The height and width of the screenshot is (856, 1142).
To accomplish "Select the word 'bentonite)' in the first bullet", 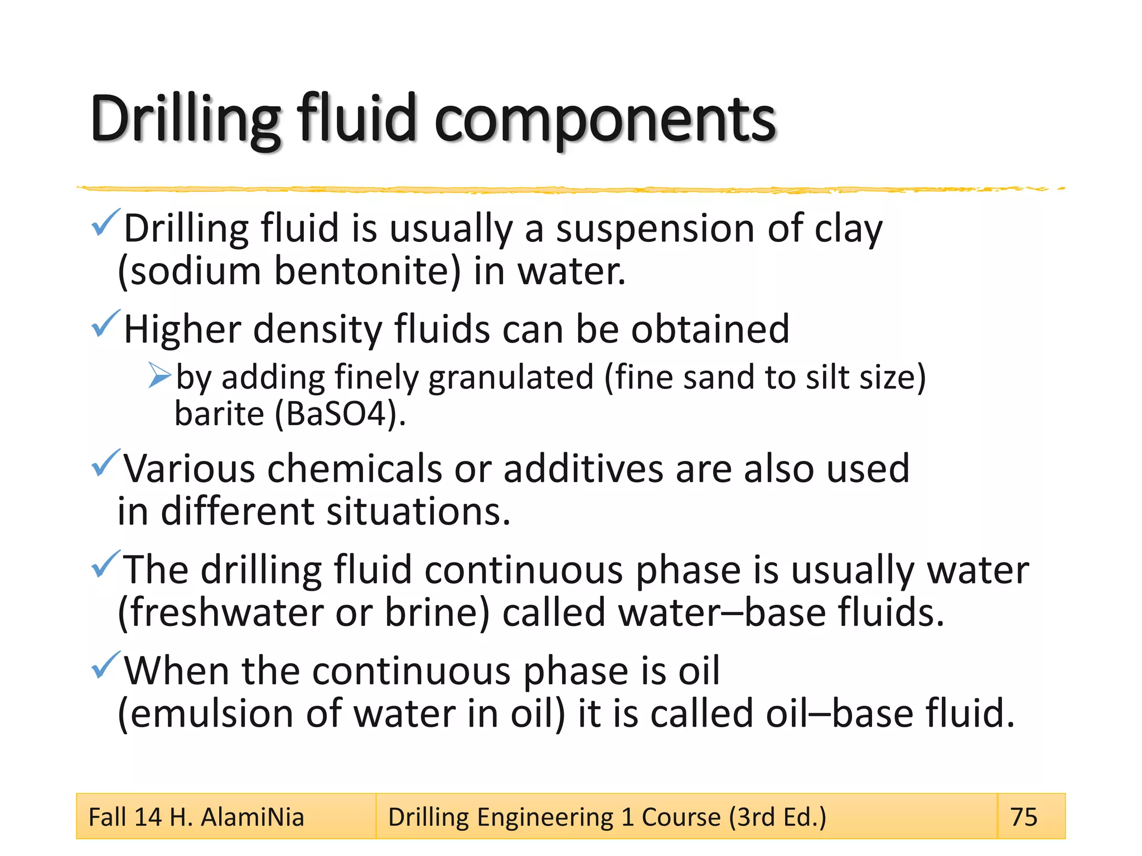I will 368,272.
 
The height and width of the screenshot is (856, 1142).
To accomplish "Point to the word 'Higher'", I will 182,330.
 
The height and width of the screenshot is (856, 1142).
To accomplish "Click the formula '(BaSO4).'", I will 340,415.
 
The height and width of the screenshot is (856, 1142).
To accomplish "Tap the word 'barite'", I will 219,415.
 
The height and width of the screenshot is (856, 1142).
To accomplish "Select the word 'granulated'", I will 511,378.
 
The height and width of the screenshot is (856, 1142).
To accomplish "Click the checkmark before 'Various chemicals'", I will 105,463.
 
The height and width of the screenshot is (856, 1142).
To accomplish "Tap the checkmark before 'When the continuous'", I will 105,664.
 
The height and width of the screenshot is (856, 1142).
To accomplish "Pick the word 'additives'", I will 583,469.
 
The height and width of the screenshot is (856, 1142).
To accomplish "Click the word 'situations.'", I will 418,512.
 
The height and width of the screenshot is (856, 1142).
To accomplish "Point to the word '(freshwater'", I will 221,613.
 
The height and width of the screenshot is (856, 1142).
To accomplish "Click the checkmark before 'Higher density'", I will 105,323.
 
